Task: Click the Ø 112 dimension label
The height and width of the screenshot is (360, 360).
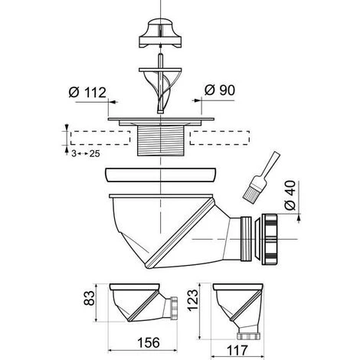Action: click(x=87, y=92)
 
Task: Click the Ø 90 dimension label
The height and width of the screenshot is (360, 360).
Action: click(x=220, y=90)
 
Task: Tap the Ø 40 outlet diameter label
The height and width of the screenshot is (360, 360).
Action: click(x=290, y=195)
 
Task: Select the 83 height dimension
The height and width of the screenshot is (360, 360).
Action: click(x=90, y=298)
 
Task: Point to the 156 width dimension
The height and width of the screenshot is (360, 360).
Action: click(x=149, y=342)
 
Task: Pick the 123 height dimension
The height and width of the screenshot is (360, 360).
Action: click(x=193, y=300)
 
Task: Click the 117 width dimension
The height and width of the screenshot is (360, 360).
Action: click(x=237, y=350)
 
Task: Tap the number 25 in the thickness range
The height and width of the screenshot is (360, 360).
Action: click(x=94, y=154)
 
